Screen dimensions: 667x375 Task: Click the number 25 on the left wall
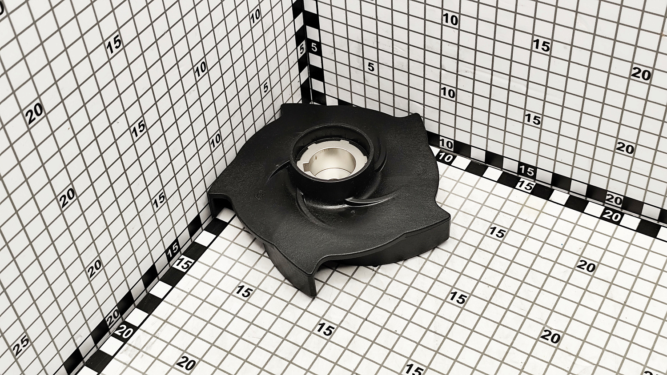click(21, 345)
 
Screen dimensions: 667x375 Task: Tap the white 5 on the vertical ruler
click(302, 49)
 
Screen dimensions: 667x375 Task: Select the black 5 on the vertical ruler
click(314, 48)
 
